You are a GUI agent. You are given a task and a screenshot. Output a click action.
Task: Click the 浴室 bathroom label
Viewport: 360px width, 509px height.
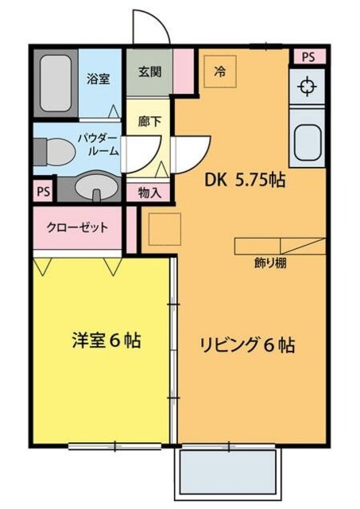pyautogui.click(x=99, y=79)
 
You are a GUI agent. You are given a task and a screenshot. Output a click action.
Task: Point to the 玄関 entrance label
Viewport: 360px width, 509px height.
pyautogui.click(x=149, y=71)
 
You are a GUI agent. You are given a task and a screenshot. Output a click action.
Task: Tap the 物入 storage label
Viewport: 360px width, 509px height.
pyautogui.click(x=149, y=192)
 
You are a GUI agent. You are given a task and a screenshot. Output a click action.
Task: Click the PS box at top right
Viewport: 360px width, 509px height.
pyautogui.click(x=308, y=56)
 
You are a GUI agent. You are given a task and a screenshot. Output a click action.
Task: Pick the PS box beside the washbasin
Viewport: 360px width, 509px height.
pyautogui.click(x=43, y=191)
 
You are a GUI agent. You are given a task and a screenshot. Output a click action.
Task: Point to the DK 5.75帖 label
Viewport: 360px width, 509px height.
pyautogui.click(x=246, y=181)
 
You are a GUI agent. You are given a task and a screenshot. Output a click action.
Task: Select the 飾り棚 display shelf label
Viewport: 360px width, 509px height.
pyautogui.click(x=270, y=262)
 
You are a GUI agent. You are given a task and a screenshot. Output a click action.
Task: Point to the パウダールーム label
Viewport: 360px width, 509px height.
pyautogui.click(x=99, y=144)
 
